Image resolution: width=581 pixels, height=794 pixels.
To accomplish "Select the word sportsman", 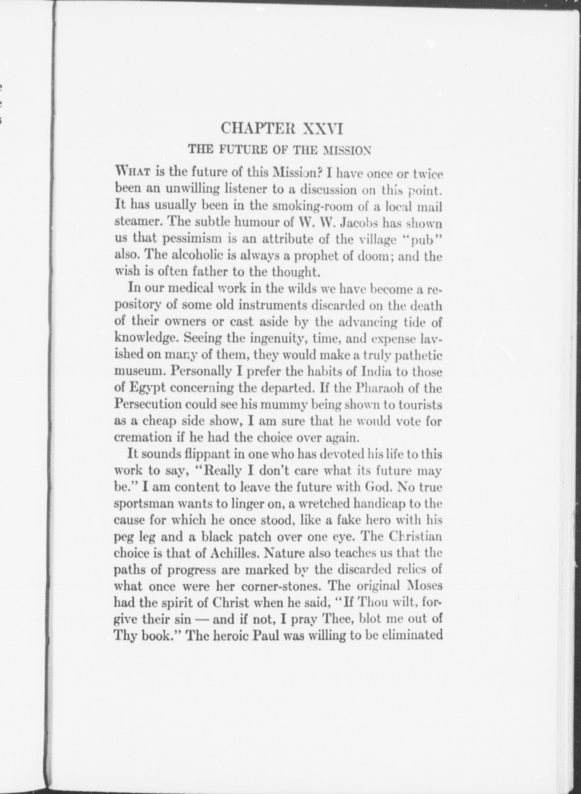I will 144,504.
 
